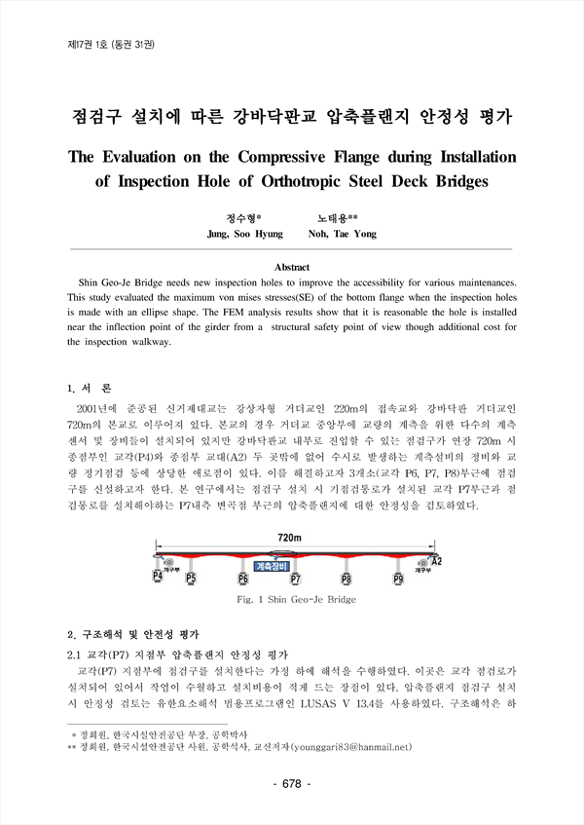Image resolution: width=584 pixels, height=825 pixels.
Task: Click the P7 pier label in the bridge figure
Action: tap(295, 579)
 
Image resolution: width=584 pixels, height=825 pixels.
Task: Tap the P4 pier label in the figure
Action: tap(157, 577)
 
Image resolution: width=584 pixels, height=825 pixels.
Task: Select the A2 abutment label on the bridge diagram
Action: tap(436, 562)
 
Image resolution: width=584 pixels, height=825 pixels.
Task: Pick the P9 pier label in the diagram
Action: tap(398, 579)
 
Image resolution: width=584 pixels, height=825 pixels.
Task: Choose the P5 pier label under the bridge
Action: tap(191, 579)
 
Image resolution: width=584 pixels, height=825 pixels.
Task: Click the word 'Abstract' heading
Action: tap(292, 266)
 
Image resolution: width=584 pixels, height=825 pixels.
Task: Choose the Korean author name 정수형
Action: tap(243, 219)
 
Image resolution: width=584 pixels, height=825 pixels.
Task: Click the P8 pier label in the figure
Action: tap(347, 579)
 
